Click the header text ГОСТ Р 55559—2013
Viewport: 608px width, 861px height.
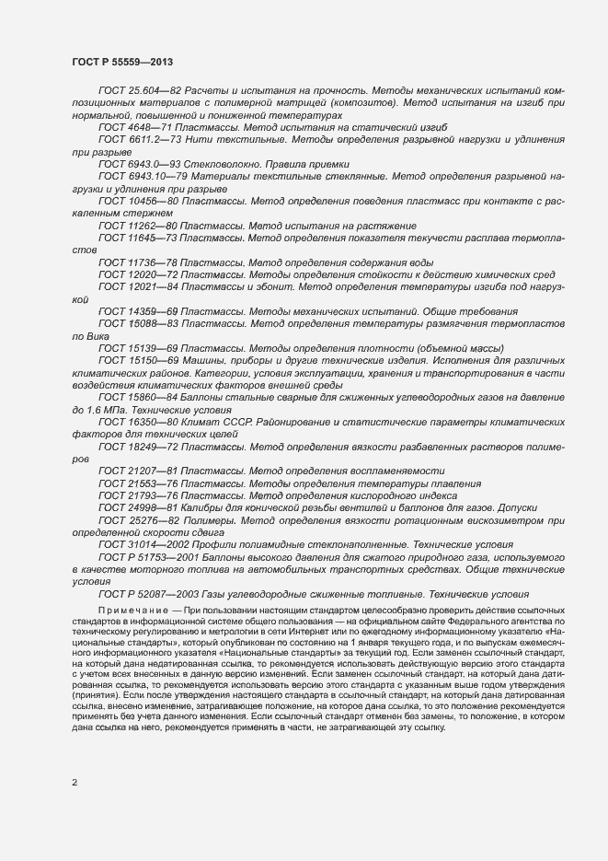click(x=122, y=60)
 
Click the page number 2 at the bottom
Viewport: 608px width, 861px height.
click(x=75, y=784)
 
